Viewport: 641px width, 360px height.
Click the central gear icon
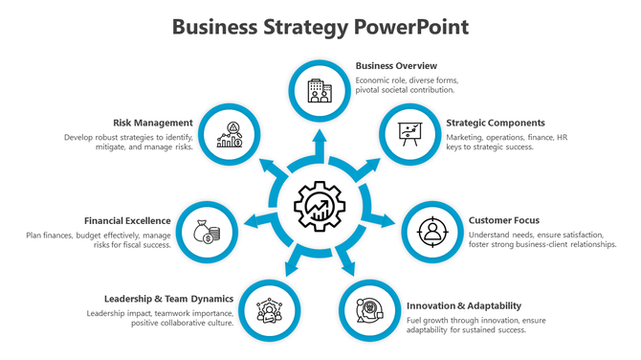(320, 203)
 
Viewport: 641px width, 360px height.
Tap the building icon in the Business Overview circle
(320, 91)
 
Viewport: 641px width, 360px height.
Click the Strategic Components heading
(495, 123)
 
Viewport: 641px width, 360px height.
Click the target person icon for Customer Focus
(431, 232)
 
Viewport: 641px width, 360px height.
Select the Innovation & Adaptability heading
(457, 306)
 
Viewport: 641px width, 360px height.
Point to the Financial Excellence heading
(127, 220)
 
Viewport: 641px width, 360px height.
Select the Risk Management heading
(153, 123)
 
